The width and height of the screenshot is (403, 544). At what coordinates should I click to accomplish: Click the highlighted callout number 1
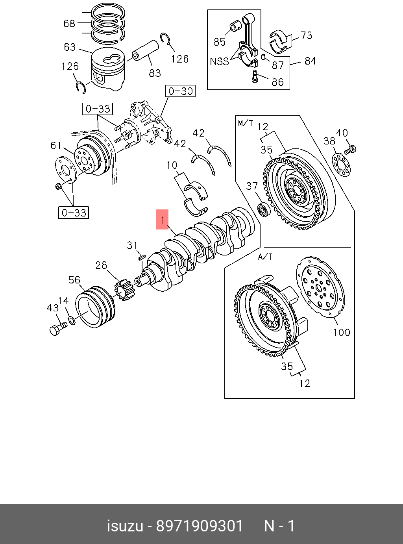click(x=162, y=219)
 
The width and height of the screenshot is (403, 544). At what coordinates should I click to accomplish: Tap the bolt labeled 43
click(x=58, y=328)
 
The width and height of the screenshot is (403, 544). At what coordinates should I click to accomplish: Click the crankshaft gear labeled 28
click(x=125, y=291)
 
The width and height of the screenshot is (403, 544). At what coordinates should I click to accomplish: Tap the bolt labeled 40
click(x=350, y=150)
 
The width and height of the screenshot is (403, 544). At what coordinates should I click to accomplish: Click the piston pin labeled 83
click(x=145, y=51)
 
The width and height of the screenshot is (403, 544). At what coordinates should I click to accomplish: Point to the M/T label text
click(x=246, y=123)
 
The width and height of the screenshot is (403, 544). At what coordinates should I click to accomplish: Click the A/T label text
click(x=265, y=257)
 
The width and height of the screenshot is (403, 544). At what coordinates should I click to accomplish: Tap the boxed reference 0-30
click(x=180, y=91)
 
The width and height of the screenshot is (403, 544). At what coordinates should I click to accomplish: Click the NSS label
click(x=219, y=61)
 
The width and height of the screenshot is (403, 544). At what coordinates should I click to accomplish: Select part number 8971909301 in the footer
click(x=200, y=526)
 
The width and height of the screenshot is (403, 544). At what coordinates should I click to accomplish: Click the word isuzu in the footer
click(x=125, y=526)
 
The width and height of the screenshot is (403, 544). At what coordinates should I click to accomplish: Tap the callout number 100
click(x=341, y=332)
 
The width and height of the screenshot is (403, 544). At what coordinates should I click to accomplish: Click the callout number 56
click(x=74, y=280)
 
